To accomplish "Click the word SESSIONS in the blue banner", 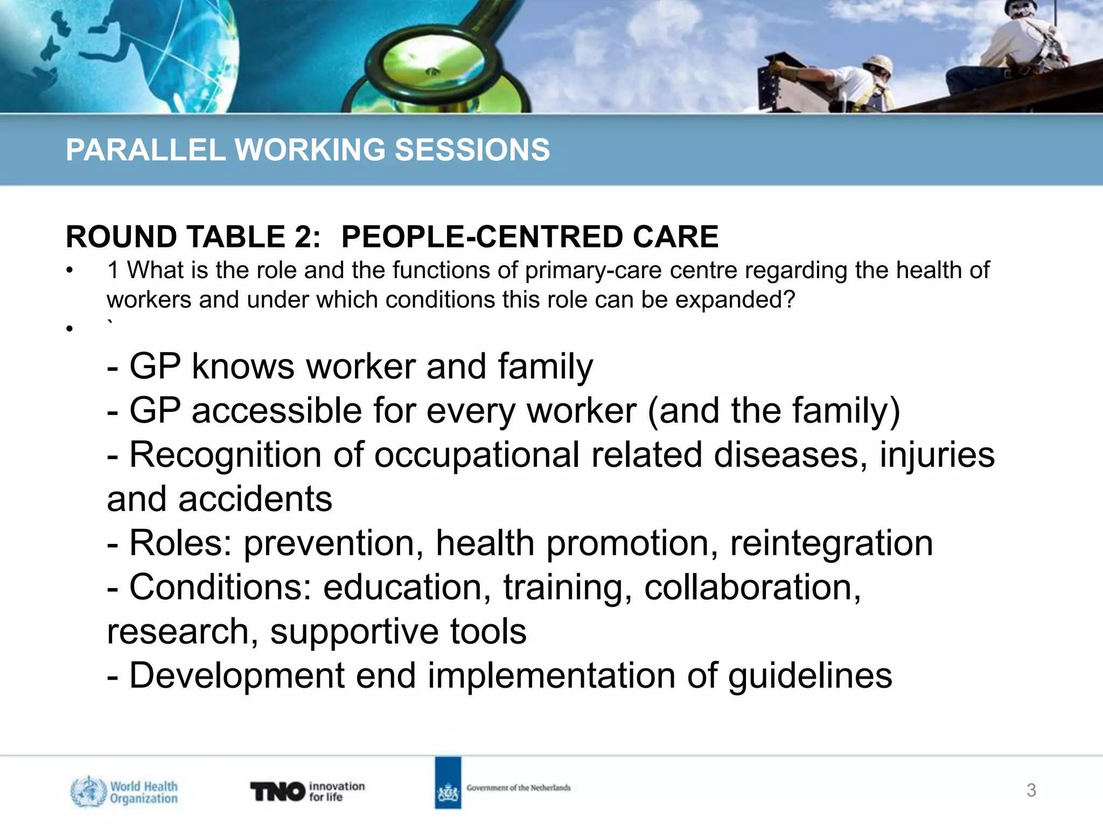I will pyautogui.click(x=472, y=150).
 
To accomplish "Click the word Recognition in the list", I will pyautogui.click(x=225, y=454).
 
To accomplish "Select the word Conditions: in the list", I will pyautogui.click(x=221, y=587).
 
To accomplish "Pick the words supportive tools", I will pyautogui.click(x=398, y=631).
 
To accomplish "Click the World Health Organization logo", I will pyautogui.click(x=124, y=791).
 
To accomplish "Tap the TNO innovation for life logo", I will pyautogui.click(x=307, y=791).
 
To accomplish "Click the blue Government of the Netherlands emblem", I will pyautogui.click(x=448, y=783).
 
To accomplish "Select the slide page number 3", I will pyautogui.click(x=1031, y=790).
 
